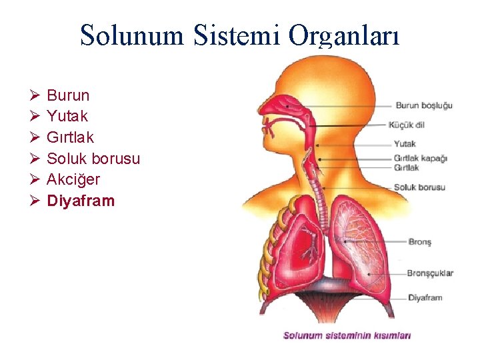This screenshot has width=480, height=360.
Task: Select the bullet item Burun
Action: (x=68, y=95)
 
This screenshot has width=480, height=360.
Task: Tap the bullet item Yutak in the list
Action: (x=67, y=117)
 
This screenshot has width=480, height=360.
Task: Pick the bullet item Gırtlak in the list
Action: (x=70, y=138)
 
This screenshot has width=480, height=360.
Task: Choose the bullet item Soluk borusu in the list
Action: (x=93, y=159)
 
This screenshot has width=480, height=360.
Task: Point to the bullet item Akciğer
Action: (x=73, y=180)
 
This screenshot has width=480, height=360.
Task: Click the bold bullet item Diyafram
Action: (x=81, y=201)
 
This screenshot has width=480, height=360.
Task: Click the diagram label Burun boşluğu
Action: (x=424, y=105)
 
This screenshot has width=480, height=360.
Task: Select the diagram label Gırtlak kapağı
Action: (x=420, y=159)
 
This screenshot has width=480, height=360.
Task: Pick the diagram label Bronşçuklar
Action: (x=430, y=273)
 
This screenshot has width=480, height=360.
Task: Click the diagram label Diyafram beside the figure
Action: (x=425, y=297)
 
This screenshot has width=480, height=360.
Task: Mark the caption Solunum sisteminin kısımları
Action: (x=347, y=335)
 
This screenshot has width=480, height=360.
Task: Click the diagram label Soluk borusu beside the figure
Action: (x=419, y=187)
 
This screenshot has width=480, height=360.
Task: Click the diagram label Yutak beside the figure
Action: (x=405, y=143)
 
